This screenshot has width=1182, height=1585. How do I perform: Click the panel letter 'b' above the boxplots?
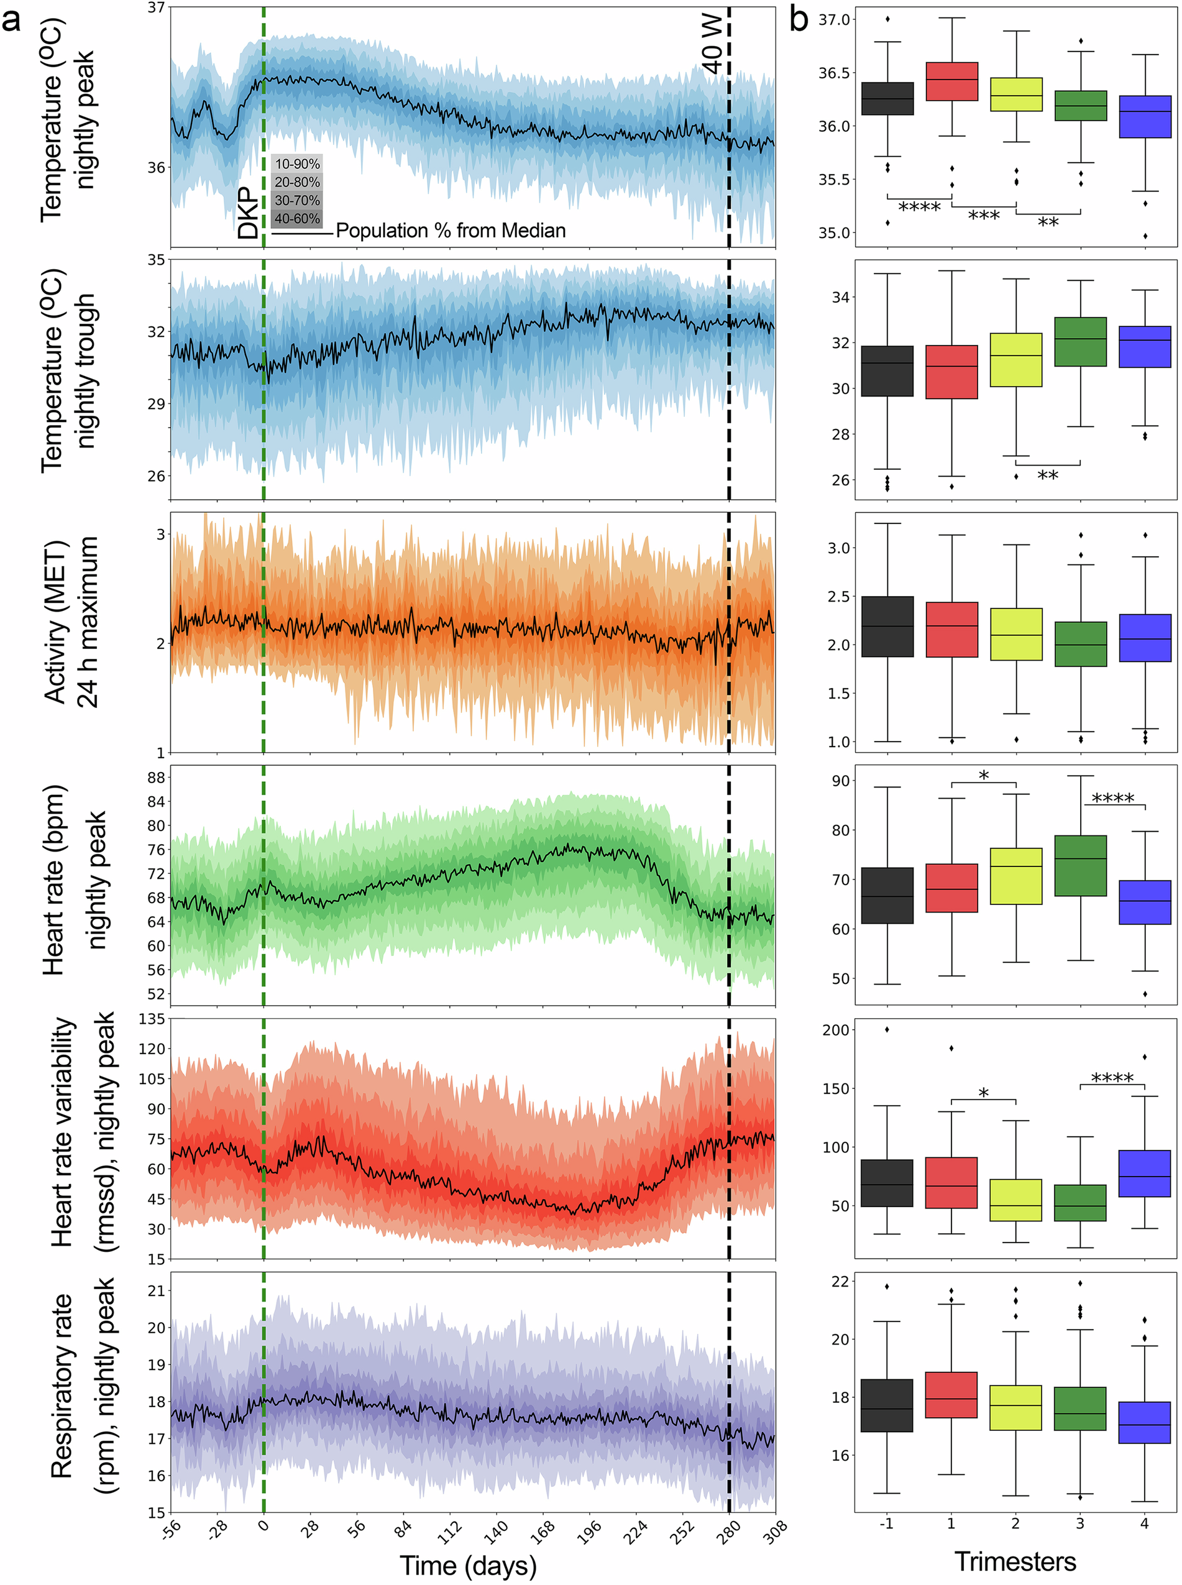point(799,20)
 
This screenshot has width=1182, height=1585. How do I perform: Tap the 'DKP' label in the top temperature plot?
point(247,213)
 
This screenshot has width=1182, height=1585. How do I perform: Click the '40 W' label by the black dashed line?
point(713,45)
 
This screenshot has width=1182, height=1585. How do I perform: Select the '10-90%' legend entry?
point(297,164)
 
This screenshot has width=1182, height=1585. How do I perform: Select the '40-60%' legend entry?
point(297,219)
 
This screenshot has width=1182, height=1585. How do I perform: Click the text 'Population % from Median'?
point(450,231)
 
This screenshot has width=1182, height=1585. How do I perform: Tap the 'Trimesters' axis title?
point(1015,1561)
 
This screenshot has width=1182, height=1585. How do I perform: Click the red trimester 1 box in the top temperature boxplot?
point(951,81)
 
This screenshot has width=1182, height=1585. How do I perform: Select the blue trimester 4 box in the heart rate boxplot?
point(1145,903)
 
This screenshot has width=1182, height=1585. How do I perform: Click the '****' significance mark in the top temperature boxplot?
point(919,208)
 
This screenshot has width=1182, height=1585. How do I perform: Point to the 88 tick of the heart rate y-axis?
point(155,778)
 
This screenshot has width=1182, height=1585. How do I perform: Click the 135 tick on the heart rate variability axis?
point(151,1019)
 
